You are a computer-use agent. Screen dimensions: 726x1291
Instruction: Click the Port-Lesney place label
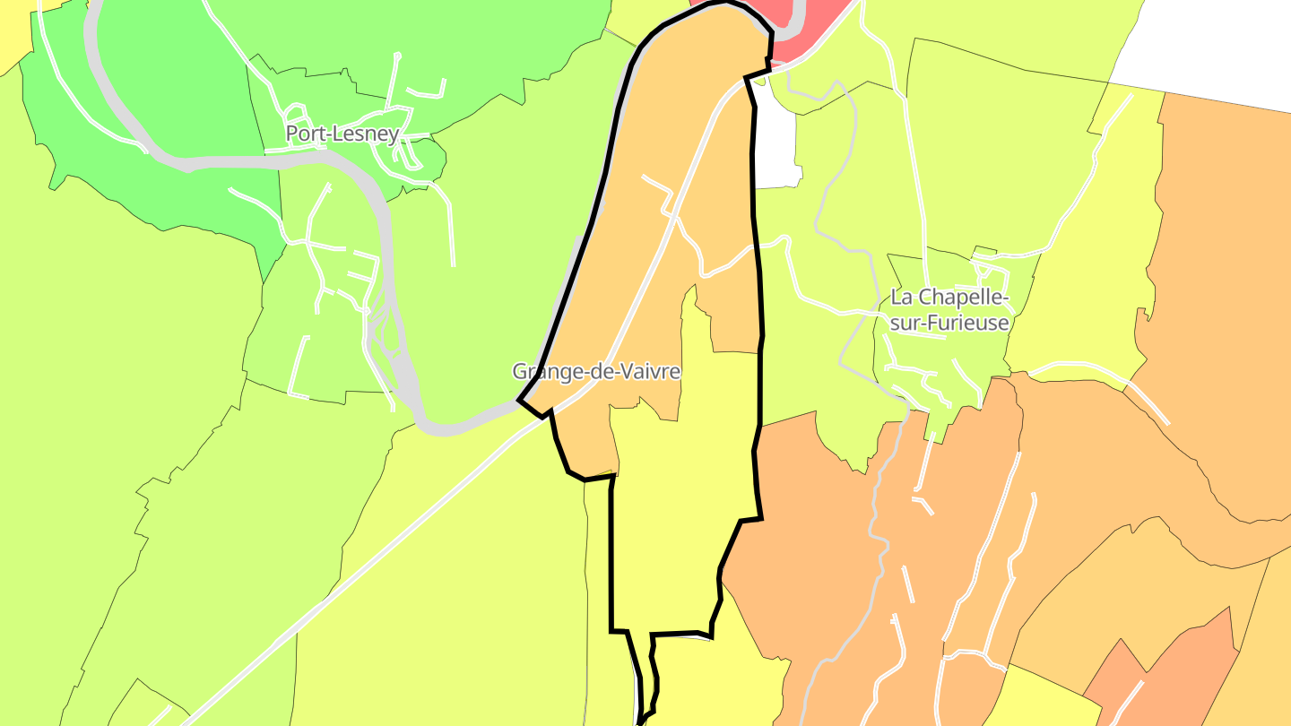point(342,134)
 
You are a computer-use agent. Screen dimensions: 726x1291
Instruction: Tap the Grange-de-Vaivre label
point(596,371)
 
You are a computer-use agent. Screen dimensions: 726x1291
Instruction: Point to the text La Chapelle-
point(949,298)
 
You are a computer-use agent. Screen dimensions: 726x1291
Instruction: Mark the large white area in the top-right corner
point(1210,45)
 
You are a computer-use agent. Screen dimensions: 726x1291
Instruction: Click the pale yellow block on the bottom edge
point(1049,704)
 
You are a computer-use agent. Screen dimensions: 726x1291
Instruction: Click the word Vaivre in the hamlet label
point(647,371)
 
